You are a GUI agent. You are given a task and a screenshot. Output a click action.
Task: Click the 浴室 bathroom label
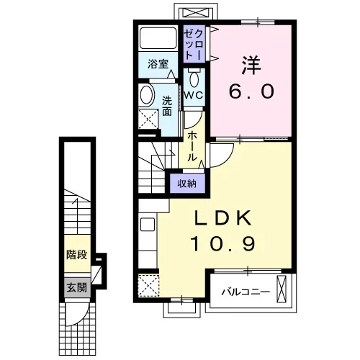click(158, 64)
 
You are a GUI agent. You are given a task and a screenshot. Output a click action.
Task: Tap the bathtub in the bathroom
click(158, 38)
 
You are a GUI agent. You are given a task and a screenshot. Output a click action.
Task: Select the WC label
click(194, 95)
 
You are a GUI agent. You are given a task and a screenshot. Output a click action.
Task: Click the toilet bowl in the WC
click(194, 78)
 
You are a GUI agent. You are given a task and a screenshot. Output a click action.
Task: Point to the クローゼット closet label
click(194, 44)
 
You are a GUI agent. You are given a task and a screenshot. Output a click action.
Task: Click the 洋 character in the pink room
click(251, 66)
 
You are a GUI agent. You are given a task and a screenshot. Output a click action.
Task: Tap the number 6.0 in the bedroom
click(251, 91)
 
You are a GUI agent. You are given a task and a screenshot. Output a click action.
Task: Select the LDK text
click(223, 217)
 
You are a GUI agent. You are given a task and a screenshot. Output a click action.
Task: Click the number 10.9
click(222, 243)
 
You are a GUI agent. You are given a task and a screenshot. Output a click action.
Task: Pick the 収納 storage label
click(187, 184)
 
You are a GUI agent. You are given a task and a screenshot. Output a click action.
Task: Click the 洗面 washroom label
click(167, 106)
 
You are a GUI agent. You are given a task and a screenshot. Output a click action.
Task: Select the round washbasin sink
click(146, 94)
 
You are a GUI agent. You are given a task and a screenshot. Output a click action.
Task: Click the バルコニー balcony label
click(246, 292)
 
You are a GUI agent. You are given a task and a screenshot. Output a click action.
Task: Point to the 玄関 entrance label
click(77, 287)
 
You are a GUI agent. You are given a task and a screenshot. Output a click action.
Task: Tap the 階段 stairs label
click(77, 254)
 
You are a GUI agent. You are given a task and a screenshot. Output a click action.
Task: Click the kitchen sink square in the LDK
click(148, 225)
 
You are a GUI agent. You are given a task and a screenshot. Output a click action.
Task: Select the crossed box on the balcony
click(282, 289)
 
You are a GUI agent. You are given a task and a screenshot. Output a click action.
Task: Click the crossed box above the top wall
click(197, 13)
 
